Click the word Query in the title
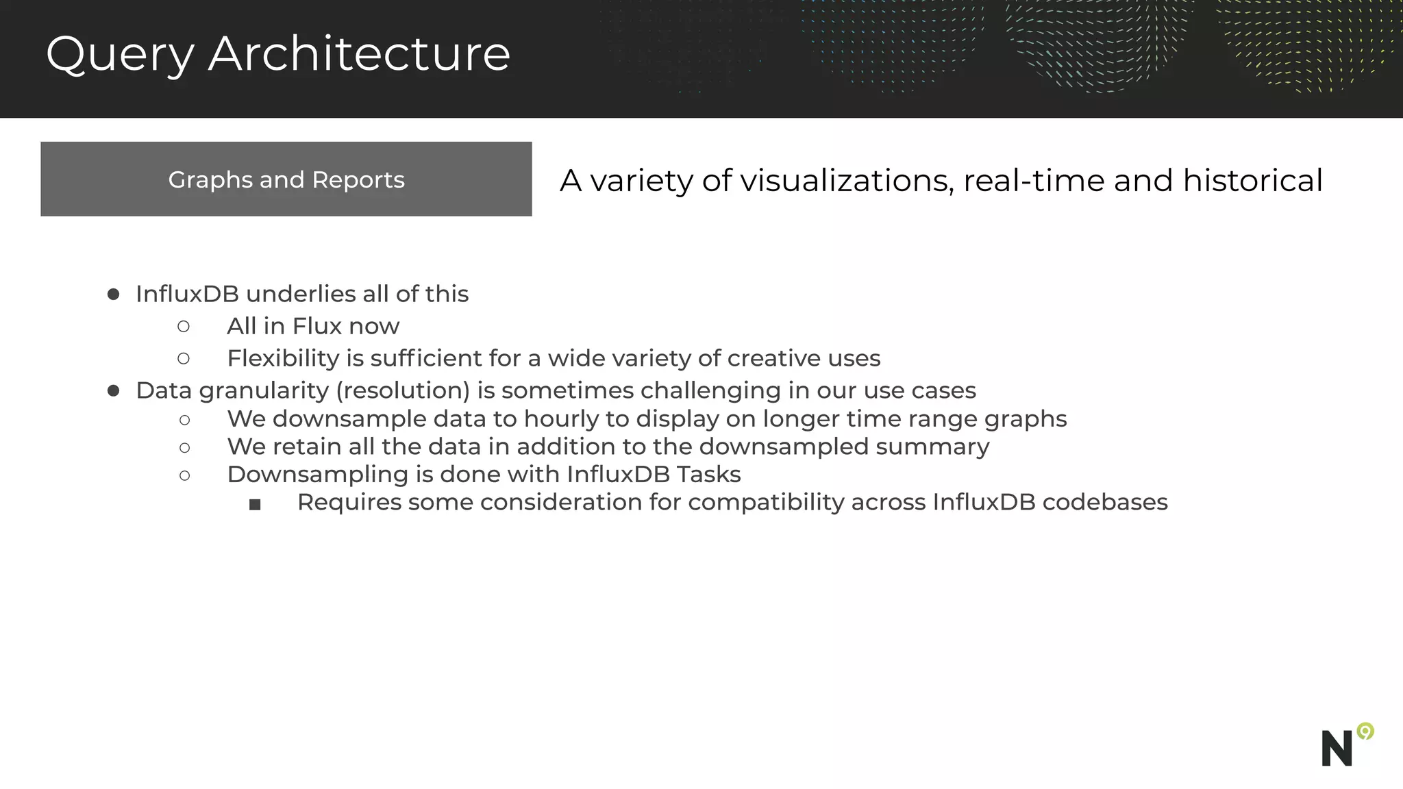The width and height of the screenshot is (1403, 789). click(120, 55)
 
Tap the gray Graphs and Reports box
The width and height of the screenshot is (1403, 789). click(286, 179)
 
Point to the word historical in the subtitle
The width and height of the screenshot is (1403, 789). click(1252, 181)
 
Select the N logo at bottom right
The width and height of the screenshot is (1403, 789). click(1337, 749)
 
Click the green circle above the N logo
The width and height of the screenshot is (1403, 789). click(1365, 731)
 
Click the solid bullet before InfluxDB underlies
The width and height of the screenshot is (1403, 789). click(114, 295)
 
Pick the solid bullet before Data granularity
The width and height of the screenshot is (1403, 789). click(114, 390)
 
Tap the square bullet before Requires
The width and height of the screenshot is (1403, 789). click(255, 505)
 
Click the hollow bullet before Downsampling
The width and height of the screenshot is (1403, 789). click(184, 475)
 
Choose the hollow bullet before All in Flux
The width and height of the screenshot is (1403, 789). click(184, 327)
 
